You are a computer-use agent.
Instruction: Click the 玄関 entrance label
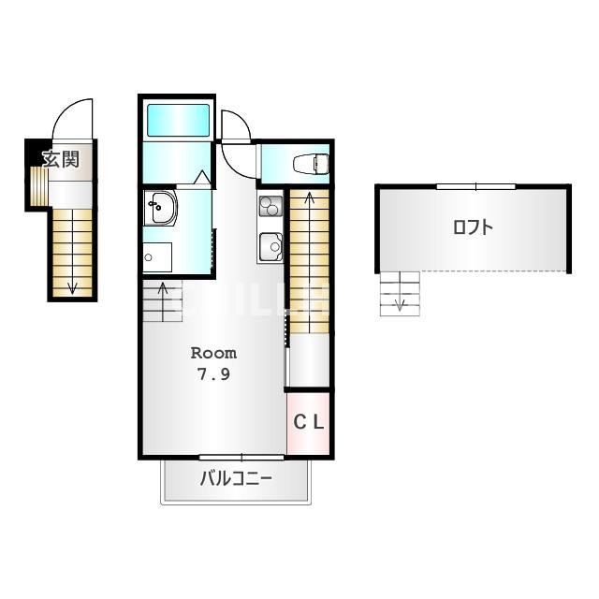[x=61, y=159]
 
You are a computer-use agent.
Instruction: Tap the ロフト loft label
[x=473, y=227]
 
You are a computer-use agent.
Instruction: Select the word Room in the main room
[x=213, y=353]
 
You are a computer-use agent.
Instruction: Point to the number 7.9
[x=213, y=374]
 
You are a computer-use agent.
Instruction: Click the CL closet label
[x=309, y=422]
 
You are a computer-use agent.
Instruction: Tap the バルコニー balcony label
[x=236, y=478]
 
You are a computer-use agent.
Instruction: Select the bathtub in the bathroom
[x=179, y=120]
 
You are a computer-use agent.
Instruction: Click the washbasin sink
[x=160, y=208]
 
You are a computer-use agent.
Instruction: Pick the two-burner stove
[x=270, y=206]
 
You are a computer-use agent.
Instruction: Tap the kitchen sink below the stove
[x=270, y=246]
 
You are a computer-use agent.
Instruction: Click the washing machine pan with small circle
[x=157, y=257]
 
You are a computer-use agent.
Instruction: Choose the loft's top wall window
[x=476, y=187]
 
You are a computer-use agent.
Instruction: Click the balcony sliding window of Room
[x=241, y=457]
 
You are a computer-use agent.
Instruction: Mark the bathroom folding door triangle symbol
[x=202, y=178]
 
